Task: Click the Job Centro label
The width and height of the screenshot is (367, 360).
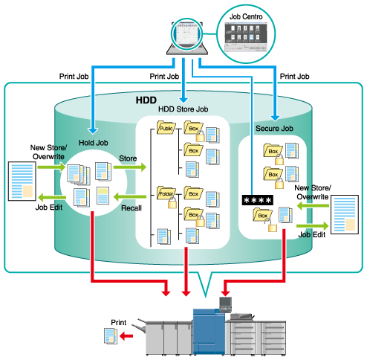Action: [x=246, y=16]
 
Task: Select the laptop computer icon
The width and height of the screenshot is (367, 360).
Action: [x=187, y=36]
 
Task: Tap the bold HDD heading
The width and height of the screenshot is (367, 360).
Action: [x=146, y=100]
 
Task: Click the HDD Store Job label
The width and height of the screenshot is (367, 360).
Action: [x=183, y=109]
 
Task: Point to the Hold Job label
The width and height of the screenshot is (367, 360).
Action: [x=94, y=143]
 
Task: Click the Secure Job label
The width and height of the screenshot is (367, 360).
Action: [x=274, y=129]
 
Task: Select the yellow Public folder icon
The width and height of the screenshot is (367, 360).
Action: [x=166, y=128]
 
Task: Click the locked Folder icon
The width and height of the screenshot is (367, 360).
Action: [x=167, y=196]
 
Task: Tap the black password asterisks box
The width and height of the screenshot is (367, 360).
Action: [x=258, y=200]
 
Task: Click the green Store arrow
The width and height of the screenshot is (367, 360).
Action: [x=130, y=167]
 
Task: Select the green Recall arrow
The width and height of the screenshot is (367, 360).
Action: [x=130, y=197]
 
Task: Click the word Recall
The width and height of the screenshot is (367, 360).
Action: [x=131, y=208]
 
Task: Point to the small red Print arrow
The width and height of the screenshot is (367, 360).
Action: [x=126, y=336]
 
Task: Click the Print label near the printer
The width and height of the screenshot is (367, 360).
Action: [x=119, y=322]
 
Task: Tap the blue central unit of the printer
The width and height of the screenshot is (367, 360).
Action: [x=209, y=331]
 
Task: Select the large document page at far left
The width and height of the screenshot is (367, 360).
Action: [x=22, y=181]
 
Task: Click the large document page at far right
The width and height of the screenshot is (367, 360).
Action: [x=345, y=214]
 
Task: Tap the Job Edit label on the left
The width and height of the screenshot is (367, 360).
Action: [x=49, y=208]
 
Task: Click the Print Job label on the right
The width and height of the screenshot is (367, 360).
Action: [x=294, y=77]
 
